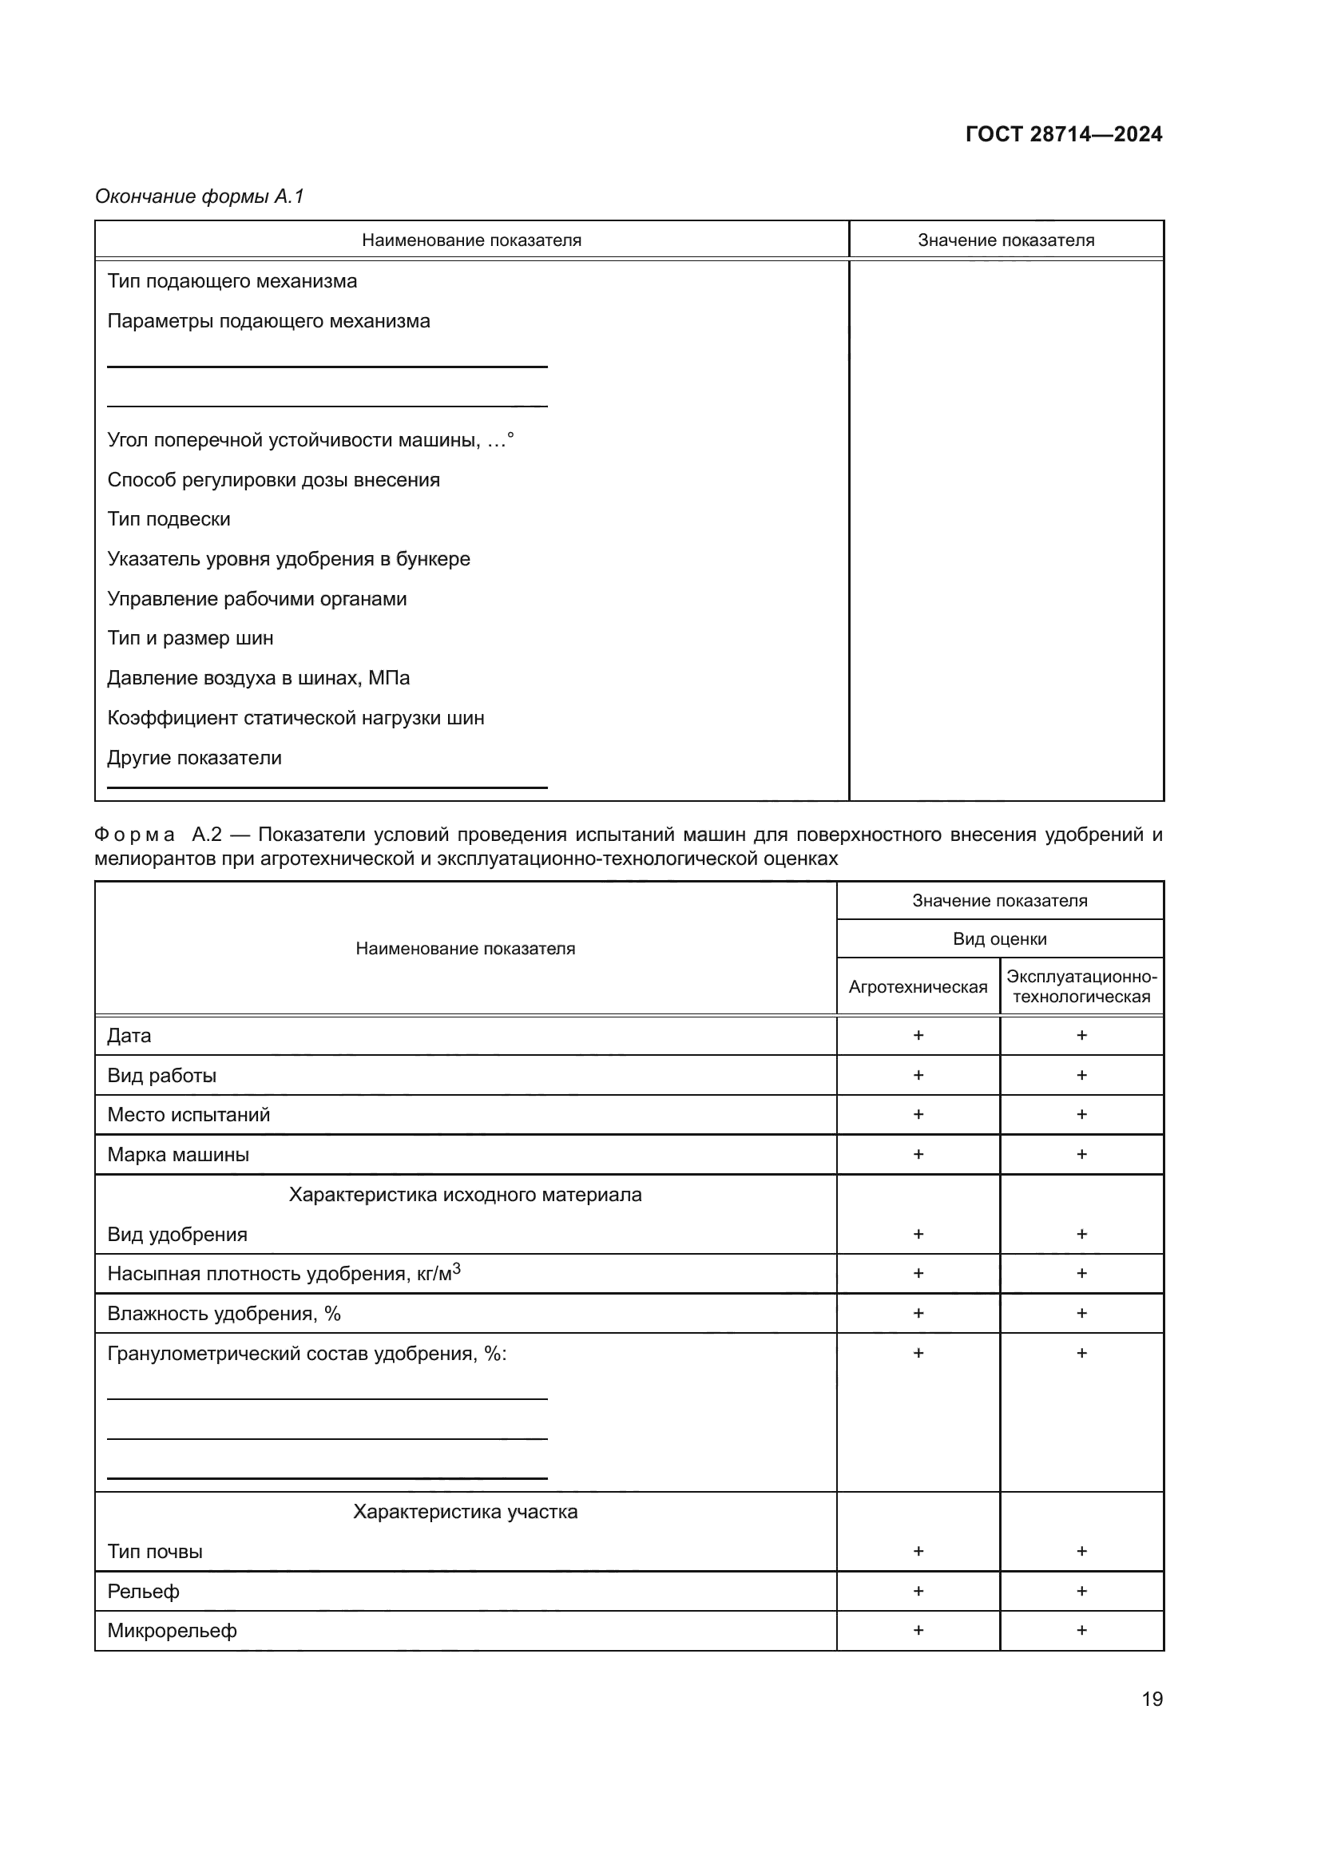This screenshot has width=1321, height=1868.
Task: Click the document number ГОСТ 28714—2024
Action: pyautogui.click(x=1063, y=134)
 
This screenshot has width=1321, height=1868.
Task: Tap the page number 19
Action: pyautogui.click(x=1152, y=1699)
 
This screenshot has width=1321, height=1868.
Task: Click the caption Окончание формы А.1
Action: pyautogui.click(x=200, y=196)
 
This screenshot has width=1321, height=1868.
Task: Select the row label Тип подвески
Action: pyautogui.click(x=169, y=519)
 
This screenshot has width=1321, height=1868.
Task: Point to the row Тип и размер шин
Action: pyautogui.click(x=190, y=638)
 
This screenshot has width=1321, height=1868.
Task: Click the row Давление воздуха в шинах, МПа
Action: pyautogui.click(x=259, y=678)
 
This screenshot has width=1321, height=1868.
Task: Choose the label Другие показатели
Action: pyautogui.click(x=194, y=757)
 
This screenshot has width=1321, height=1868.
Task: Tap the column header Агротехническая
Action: pyautogui.click(x=918, y=987)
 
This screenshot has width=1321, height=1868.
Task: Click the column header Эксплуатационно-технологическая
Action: pyautogui.click(x=1081, y=986)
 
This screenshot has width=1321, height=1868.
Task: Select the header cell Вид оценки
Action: pyautogui.click(x=1000, y=939)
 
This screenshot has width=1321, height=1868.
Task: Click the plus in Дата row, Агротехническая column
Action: pyautogui.click(x=918, y=1035)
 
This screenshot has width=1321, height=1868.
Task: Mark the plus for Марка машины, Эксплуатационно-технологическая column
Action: pyautogui.click(x=1082, y=1154)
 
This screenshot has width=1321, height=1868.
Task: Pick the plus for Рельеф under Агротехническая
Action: pyautogui.click(x=918, y=1591)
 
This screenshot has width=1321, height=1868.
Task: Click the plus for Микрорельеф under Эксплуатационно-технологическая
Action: pyautogui.click(x=1082, y=1630)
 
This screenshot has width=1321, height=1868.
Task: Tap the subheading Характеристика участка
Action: pyautogui.click(x=466, y=1512)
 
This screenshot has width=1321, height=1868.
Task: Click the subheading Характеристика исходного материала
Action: pyautogui.click(x=466, y=1194)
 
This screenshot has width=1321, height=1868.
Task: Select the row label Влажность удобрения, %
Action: pyautogui.click(x=224, y=1313)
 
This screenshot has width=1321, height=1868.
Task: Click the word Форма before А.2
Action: pyautogui.click(x=134, y=835)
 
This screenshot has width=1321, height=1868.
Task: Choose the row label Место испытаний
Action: pyautogui.click(x=188, y=1115)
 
